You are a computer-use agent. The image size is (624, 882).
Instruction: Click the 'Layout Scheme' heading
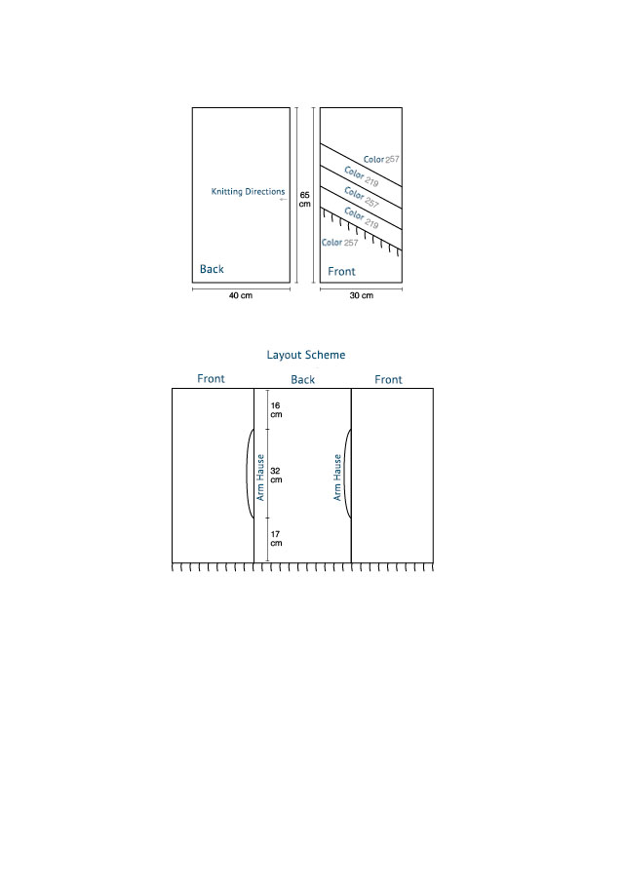(305, 355)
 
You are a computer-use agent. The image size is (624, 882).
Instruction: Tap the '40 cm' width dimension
(241, 295)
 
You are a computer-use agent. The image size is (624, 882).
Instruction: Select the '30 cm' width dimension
(361, 295)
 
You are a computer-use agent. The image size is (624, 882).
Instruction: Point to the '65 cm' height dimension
(304, 199)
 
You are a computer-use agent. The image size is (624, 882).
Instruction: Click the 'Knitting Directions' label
(248, 191)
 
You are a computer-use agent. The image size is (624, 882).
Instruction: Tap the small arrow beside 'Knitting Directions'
(283, 199)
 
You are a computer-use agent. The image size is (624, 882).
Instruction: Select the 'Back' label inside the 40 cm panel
(212, 269)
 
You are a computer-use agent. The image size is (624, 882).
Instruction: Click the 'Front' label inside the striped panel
(341, 272)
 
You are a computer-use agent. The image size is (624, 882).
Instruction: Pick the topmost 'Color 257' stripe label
(381, 160)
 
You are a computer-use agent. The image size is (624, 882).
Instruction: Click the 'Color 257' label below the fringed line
(340, 243)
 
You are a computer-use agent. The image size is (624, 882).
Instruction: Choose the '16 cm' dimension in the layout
(276, 409)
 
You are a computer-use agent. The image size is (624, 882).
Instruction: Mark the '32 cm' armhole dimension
(276, 476)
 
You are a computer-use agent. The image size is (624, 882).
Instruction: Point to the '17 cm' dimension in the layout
(276, 538)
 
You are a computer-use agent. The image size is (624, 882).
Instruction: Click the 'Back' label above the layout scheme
(302, 380)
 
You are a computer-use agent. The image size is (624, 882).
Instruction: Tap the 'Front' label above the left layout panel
(211, 378)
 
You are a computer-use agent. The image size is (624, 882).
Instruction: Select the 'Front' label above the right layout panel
(388, 380)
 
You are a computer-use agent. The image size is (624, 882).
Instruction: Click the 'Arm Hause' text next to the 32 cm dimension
(260, 478)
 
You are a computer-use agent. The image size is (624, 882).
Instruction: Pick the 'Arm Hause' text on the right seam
(337, 478)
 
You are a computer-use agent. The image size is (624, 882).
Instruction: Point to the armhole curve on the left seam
(247, 474)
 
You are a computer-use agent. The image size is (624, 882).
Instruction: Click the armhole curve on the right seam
(344, 474)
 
